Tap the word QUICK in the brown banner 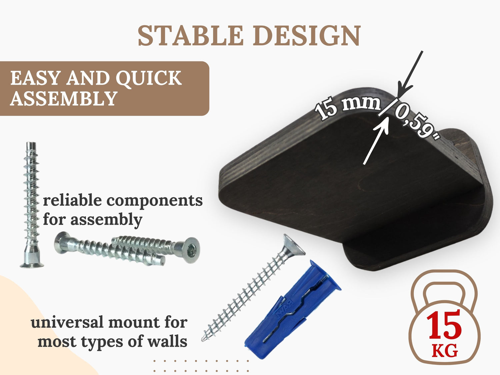point(149,78)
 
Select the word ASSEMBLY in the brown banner point(64,99)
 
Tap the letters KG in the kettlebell point(445,351)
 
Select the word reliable point(72,200)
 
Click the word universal point(67,323)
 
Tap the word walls point(167,342)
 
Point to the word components point(155,201)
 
